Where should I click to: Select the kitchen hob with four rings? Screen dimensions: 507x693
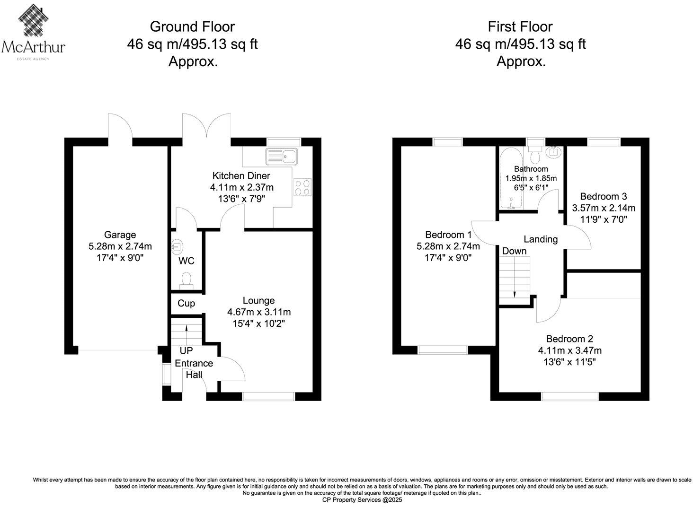[x=303, y=187]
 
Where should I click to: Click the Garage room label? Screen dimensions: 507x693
[x=120, y=235]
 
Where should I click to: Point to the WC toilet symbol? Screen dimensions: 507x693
[x=187, y=280]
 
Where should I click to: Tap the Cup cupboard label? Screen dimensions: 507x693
[x=186, y=303]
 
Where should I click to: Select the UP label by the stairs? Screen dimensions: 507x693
[x=186, y=351]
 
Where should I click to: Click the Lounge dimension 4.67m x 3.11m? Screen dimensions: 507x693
[x=258, y=312]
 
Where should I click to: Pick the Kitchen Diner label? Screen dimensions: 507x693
[x=241, y=175]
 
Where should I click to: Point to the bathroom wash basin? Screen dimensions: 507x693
[x=552, y=152]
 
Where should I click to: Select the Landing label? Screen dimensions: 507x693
[x=540, y=239]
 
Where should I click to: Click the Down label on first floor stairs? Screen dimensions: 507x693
[x=514, y=251]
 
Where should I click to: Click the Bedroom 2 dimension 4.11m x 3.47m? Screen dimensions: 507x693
[x=569, y=350]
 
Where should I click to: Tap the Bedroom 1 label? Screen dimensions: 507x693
[x=448, y=235]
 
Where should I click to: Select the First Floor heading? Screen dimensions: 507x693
[x=520, y=26]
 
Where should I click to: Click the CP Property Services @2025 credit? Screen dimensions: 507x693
[x=362, y=500]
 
